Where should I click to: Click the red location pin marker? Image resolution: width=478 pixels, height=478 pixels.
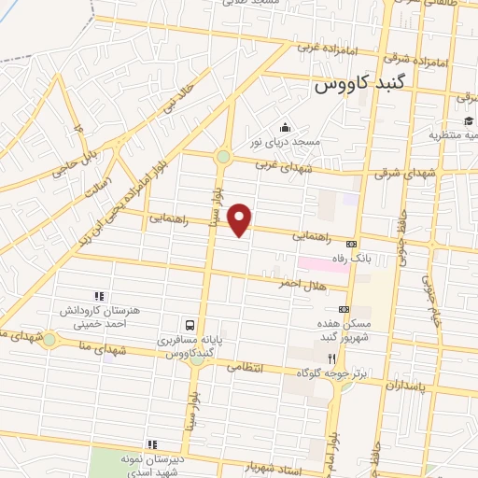point(241,219)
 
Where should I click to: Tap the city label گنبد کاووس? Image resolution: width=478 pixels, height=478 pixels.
point(351,85)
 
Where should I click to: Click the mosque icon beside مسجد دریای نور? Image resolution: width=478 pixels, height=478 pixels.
point(286,128)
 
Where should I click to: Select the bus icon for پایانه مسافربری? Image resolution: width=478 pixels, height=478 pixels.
point(190,324)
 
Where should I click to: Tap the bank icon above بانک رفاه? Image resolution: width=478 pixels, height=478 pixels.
point(351,243)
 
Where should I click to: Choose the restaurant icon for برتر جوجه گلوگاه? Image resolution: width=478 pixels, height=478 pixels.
point(330,358)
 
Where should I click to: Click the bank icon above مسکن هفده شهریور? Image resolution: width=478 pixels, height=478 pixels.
point(344,309)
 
